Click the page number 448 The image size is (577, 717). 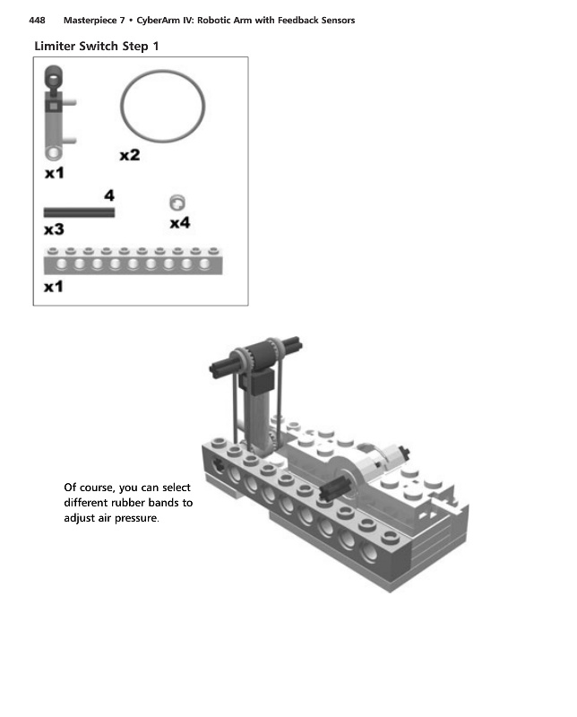click(x=37, y=21)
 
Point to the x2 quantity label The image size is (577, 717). click(x=130, y=155)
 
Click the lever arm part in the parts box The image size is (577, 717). click(x=56, y=117)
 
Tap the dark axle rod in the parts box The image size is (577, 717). click(x=79, y=212)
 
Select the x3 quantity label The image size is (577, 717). click(x=54, y=229)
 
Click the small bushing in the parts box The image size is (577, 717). click(x=177, y=203)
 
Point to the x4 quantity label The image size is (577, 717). click(x=179, y=222)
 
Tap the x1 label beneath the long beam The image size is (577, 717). click(x=54, y=287)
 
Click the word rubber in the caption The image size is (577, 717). click(x=124, y=503)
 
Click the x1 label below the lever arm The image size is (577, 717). click(x=55, y=170)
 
